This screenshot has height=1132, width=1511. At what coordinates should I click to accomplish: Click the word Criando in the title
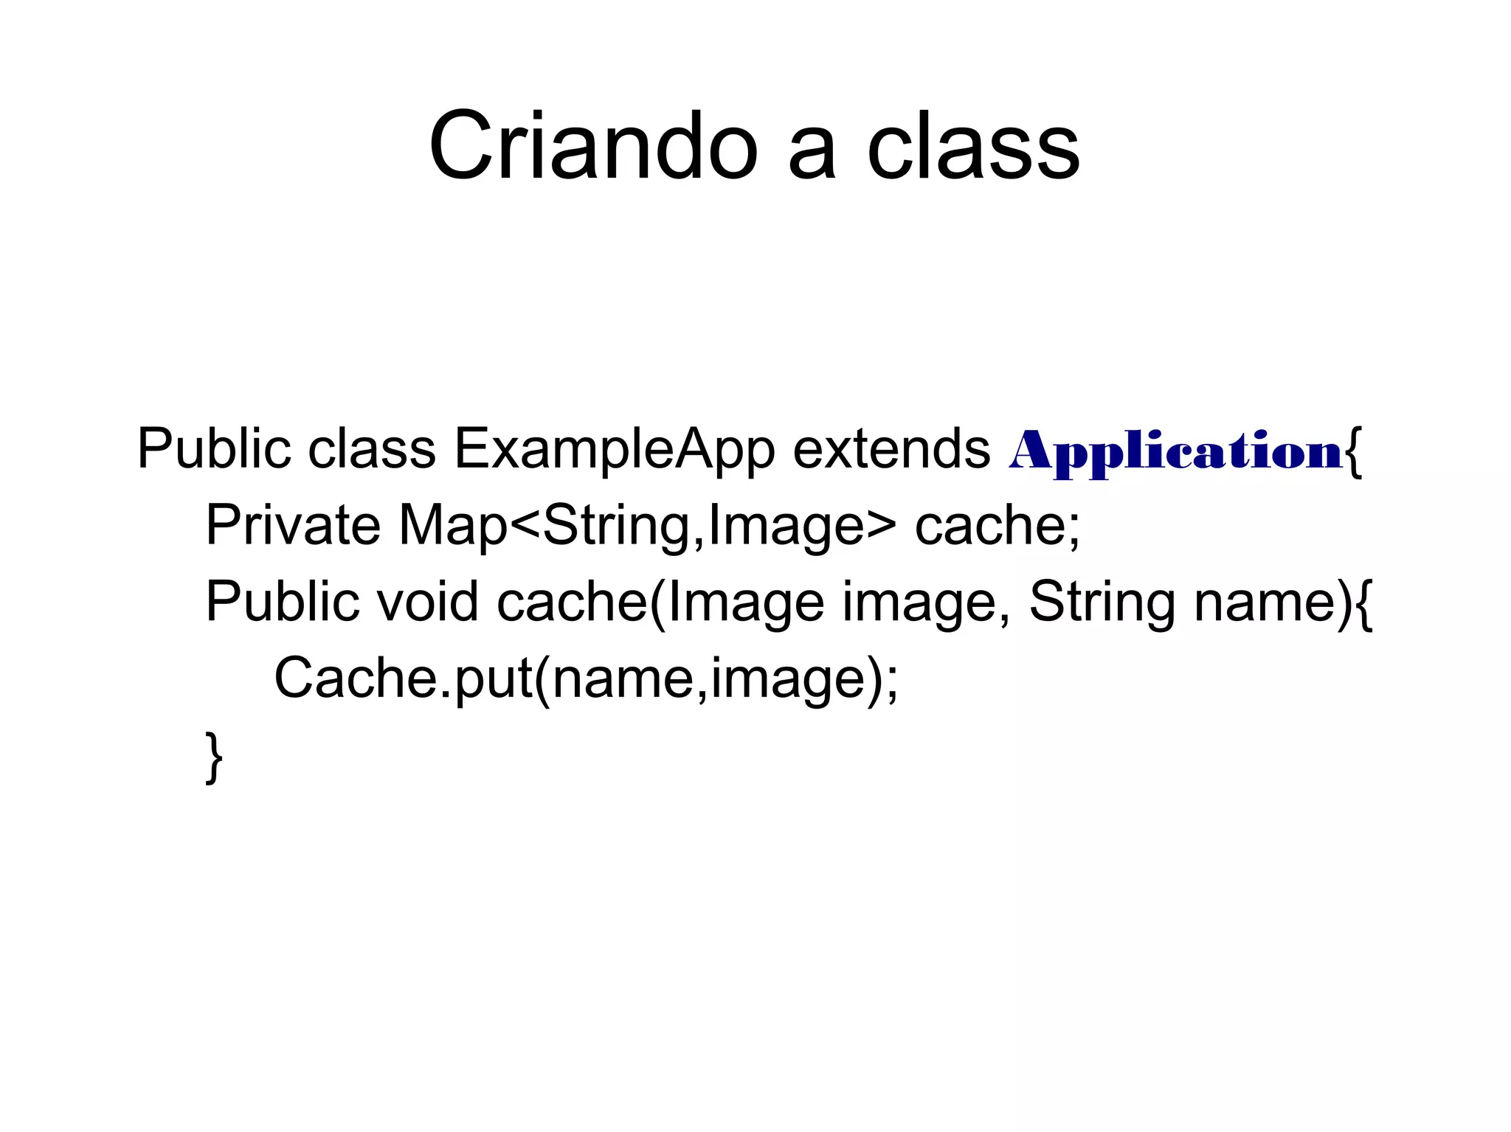[593, 145]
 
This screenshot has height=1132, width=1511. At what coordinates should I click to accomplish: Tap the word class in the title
[973, 145]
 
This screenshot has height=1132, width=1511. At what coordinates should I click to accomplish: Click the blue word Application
[1175, 451]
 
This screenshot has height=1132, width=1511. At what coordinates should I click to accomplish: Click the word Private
[293, 525]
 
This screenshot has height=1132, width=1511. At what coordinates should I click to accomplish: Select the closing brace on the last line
[213, 757]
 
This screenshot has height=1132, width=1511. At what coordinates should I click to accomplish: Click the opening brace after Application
[1352, 451]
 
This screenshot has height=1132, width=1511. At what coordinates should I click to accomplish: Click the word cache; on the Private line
[997, 526]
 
